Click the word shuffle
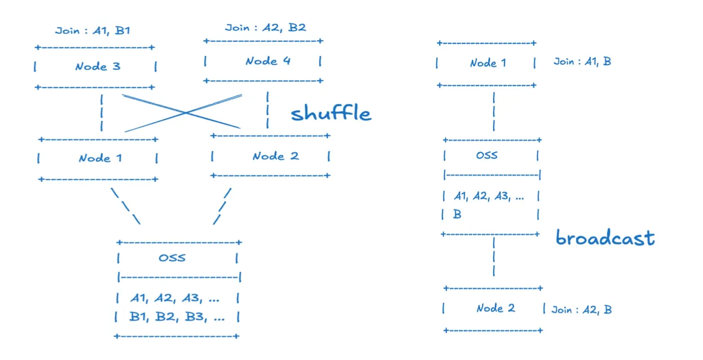331,113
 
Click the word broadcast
605,238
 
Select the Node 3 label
98,67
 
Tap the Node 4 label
268,61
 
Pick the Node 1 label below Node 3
100,158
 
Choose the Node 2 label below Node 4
275,156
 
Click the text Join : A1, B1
93,30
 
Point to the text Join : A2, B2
265,27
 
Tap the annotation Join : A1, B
582,62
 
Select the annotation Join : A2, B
581,309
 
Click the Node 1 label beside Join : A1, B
488,63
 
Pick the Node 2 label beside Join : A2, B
495,308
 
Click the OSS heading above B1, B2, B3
172,258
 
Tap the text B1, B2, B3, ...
177,317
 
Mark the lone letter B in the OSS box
457,214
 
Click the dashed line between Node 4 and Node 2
267,111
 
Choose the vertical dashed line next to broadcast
494,256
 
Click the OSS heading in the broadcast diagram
486,155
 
